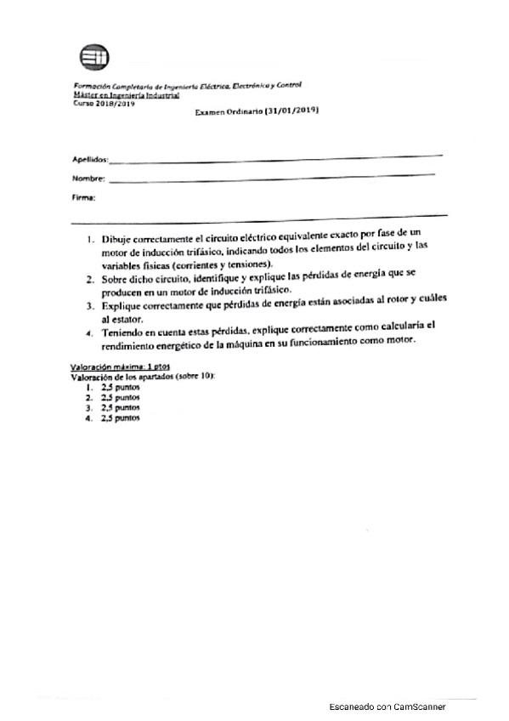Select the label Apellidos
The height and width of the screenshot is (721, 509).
coord(89,159)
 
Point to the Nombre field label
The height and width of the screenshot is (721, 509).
coord(88,179)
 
